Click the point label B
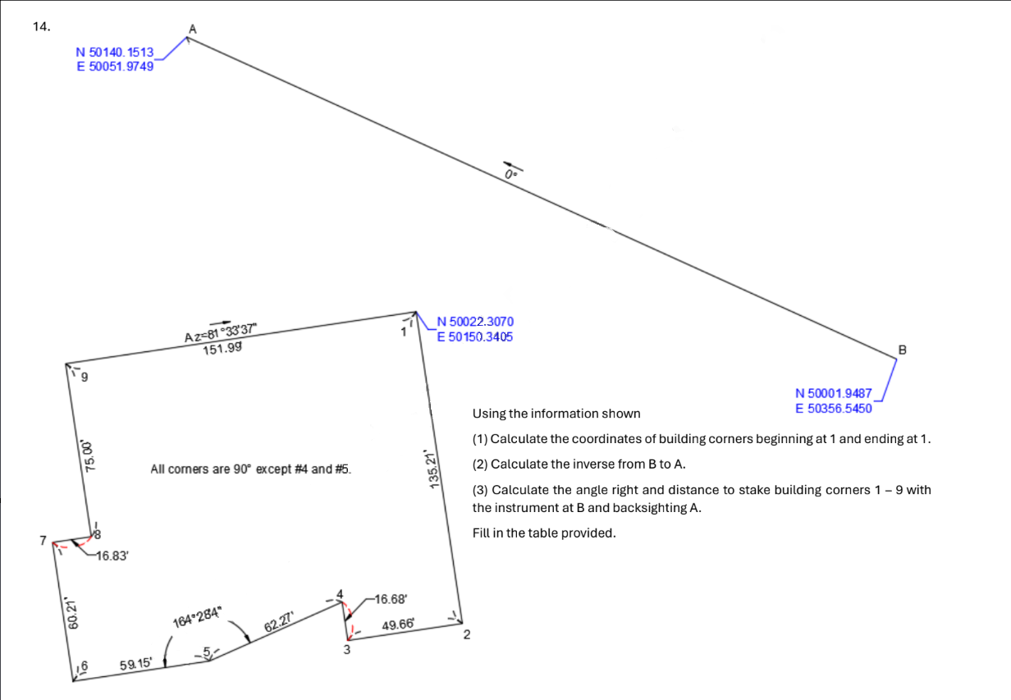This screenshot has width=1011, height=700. click(x=903, y=350)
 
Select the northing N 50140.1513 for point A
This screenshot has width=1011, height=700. click(x=115, y=53)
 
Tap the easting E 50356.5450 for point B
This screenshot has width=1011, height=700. click(x=834, y=408)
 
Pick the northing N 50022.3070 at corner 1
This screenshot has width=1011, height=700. click(x=475, y=322)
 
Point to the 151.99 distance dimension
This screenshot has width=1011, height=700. click(x=221, y=349)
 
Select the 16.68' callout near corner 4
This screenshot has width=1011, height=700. click(x=391, y=599)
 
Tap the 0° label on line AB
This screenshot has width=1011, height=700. click(x=510, y=175)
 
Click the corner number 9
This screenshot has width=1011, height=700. click(x=84, y=378)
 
